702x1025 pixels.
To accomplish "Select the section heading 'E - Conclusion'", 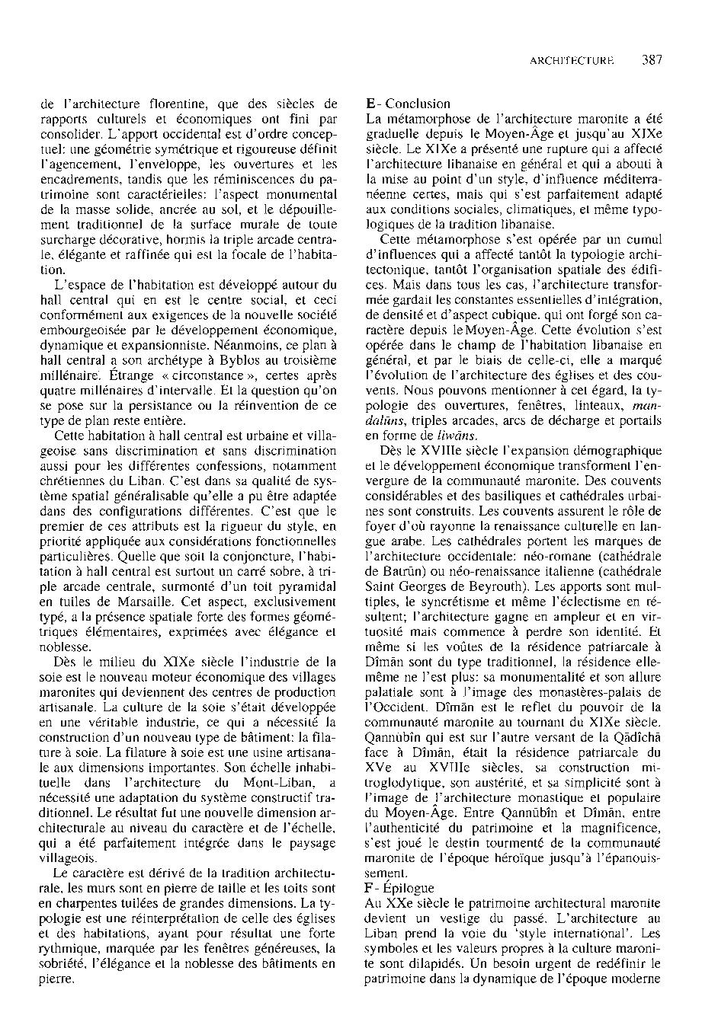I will [x=408, y=104].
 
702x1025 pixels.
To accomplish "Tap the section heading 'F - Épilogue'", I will [x=399, y=888].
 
